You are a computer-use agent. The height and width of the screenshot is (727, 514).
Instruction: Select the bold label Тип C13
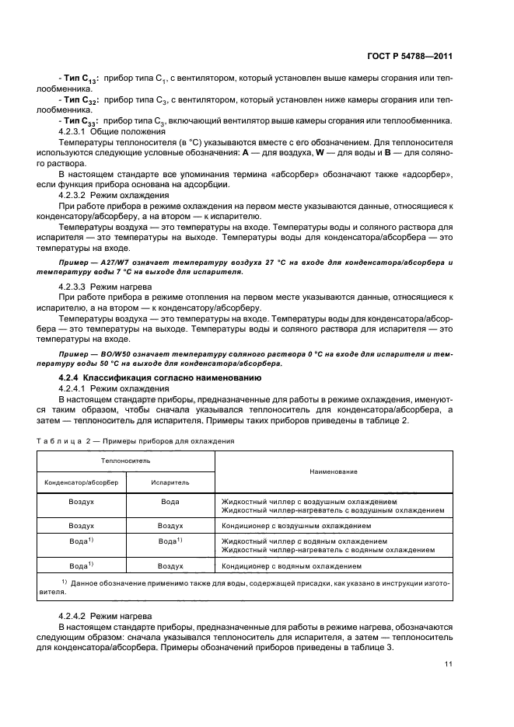tap(79, 80)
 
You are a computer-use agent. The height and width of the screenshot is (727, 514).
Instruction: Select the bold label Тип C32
tap(79, 100)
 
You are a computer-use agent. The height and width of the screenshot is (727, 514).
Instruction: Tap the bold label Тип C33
tap(79, 120)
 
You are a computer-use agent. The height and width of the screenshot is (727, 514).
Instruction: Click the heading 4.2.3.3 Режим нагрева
tap(105, 287)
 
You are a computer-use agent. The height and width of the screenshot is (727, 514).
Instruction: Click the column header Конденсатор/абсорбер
tap(82, 482)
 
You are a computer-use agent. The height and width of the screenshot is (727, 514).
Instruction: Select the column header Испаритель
tap(170, 482)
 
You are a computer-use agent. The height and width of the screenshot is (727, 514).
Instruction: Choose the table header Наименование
tap(333, 471)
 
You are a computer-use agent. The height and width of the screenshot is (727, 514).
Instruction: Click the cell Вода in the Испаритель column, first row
tap(170, 502)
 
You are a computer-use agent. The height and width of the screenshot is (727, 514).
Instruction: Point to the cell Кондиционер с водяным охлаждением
tap(292, 566)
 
